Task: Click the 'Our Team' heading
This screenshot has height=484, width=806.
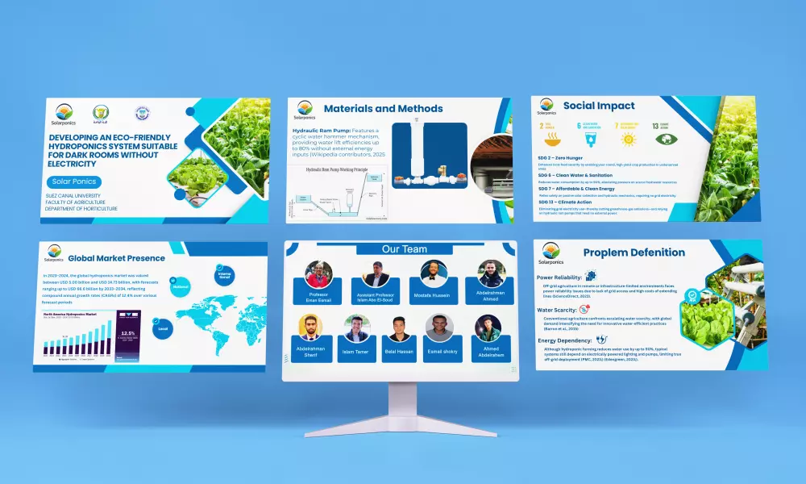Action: [x=405, y=248]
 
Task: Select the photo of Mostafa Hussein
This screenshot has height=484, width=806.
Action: [x=434, y=274]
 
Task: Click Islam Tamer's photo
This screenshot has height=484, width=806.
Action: [x=355, y=328]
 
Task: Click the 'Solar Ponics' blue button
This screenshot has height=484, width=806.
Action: [x=74, y=182]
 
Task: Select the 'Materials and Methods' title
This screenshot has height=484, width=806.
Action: [x=383, y=108]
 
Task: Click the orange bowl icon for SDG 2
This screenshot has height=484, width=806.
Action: [x=543, y=138]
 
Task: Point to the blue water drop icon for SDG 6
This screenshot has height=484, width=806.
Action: [x=584, y=138]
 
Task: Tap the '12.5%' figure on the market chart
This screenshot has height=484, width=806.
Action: [x=127, y=332]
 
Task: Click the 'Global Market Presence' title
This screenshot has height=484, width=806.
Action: [x=116, y=259]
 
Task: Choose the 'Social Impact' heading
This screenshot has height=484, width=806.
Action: [x=598, y=106]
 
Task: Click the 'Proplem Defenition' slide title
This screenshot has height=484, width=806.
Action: [x=634, y=252]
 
